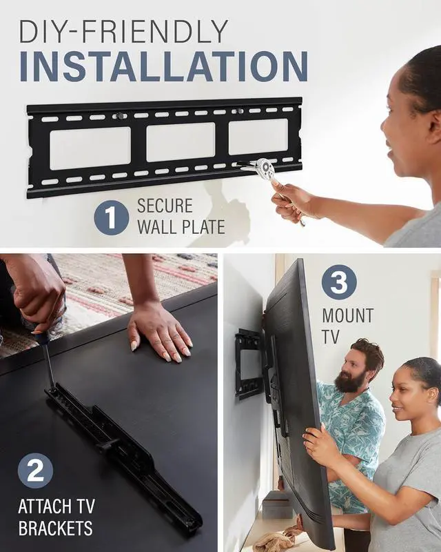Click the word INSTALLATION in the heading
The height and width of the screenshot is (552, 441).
pos(163,66)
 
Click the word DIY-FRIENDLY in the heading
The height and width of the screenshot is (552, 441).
pos(123,31)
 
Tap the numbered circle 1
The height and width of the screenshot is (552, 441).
pos(111,216)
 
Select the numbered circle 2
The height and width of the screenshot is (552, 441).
pos(35,470)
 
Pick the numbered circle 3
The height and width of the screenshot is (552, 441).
pos(338,282)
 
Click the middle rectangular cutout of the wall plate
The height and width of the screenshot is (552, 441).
pos(181,142)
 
